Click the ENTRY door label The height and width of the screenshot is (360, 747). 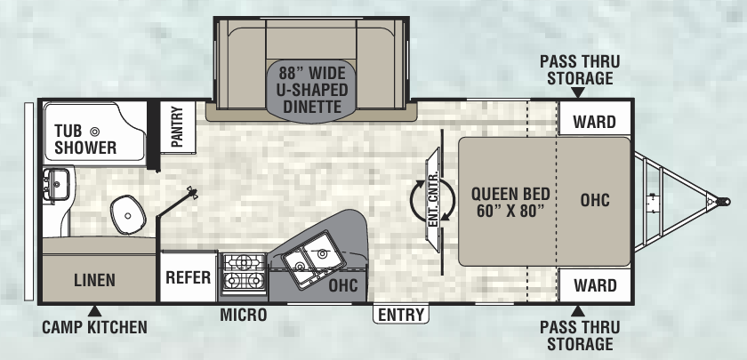pyautogui.click(x=401, y=315)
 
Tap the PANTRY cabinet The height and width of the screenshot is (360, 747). pyautogui.click(x=177, y=127)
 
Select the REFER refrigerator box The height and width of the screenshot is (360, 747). pyautogui.click(x=189, y=277)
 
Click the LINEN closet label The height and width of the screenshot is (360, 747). pyautogui.click(x=94, y=280)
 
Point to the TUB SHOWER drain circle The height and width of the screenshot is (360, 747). pyautogui.click(x=95, y=131)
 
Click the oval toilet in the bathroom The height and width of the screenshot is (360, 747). pyautogui.click(x=128, y=215)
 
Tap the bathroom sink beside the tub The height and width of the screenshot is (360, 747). pyautogui.click(x=57, y=184)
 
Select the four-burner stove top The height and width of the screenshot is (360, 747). pyautogui.click(x=245, y=272)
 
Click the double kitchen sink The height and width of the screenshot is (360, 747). pyautogui.click(x=313, y=260)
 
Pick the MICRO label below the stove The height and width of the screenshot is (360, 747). pyautogui.click(x=244, y=315)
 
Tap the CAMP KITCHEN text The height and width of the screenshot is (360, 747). pyautogui.click(x=94, y=327)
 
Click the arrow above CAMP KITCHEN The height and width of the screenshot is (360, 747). pyautogui.click(x=95, y=311)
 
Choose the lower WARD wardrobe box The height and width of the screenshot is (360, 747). pyautogui.click(x=595, y=284)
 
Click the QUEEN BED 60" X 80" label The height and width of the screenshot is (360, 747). pyautogui.click(x=510, y=202)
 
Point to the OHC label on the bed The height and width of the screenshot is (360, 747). pyautogui.click(x=595, y=200)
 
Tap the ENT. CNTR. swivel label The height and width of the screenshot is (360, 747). pyautogui.click(x=432, y=200)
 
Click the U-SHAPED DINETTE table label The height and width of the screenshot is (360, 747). pyautogui.click(x=312, y=90)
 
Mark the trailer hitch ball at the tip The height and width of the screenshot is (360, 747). pyautogui.click(x=724, y=202)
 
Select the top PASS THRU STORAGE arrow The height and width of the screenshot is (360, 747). pyautogui.click(x=578, y=92)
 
